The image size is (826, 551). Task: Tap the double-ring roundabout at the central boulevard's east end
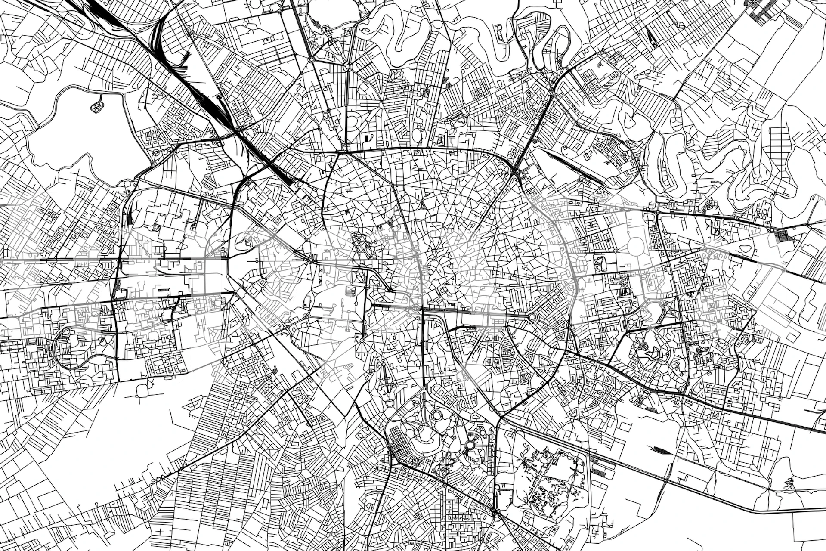pyautogui.click(x=532, y=317)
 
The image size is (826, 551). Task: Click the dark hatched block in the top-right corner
pyautogui.click(x=762, y=11)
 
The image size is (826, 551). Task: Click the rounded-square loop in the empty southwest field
pyautogui.click(x=142, y=390)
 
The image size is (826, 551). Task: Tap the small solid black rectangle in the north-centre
pyautogui.click(x=367, y=138)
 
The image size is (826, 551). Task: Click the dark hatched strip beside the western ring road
pyautogui.click(x=130, y=218)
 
